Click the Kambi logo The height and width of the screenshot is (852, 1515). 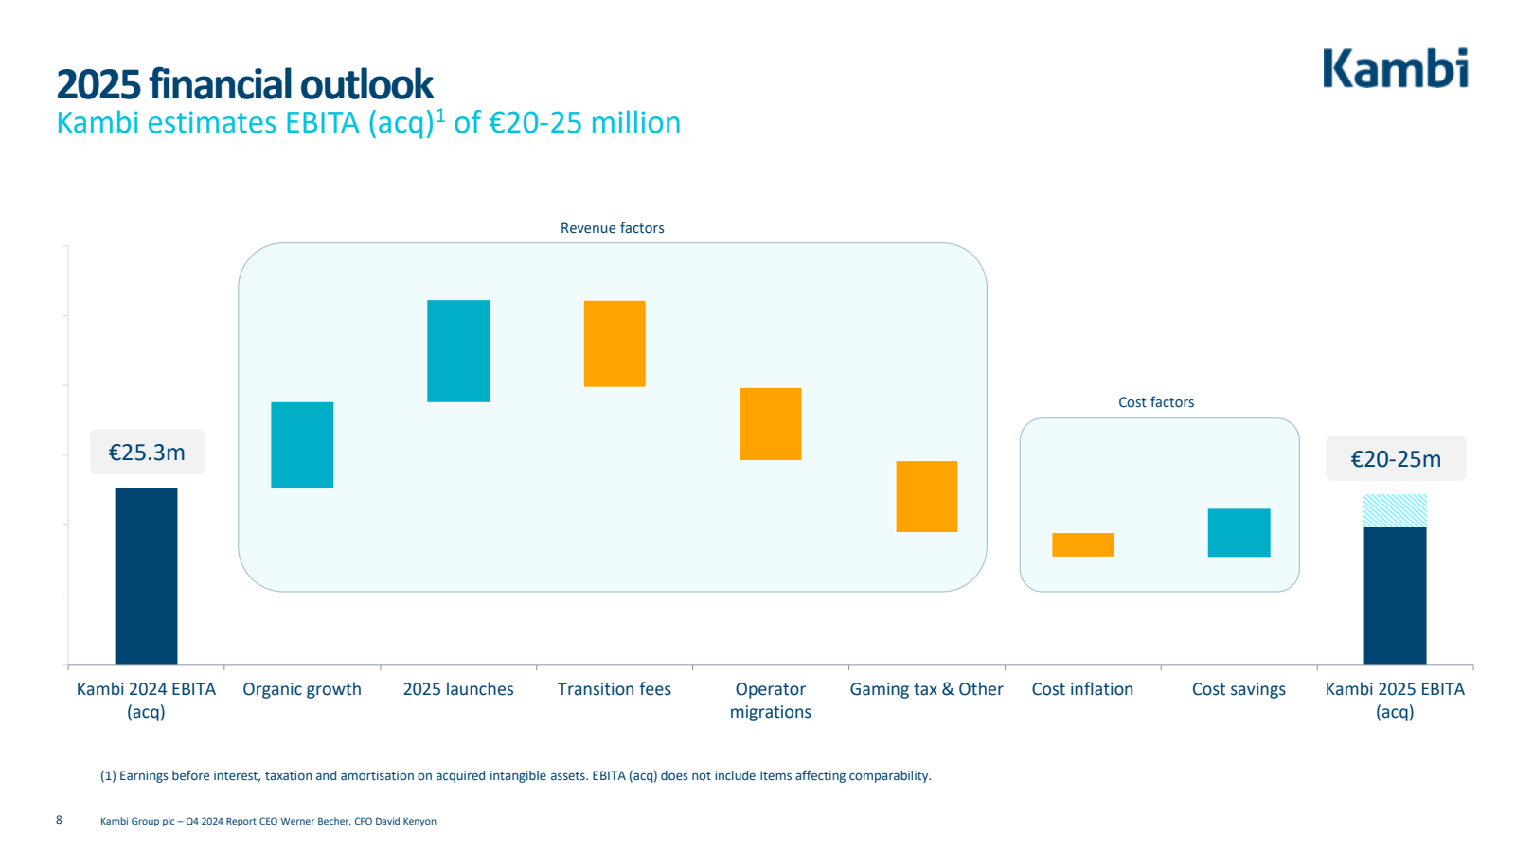click(1395, 68)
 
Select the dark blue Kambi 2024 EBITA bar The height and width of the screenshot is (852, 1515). click(146, 576)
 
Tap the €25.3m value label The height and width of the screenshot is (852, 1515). click(147, 453)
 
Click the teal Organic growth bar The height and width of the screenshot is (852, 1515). click(302, 445)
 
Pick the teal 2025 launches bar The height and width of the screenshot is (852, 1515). click(458, 351)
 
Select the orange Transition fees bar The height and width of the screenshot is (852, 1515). click(615, 344)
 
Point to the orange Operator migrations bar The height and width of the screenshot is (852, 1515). click(771, 424)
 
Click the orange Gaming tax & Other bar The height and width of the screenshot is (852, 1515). click(927, 496)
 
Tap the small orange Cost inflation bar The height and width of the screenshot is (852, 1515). click(1082, 544)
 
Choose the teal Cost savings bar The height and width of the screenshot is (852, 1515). click(1239, 533)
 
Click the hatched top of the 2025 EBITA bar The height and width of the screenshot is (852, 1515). click(1395, 510)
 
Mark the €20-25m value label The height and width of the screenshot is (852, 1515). click(1396, 459)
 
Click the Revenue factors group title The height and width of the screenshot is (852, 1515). click(613, 228)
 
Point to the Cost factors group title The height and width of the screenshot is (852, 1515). click(1156, 402)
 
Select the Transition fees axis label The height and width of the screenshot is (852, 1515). click(615, 689)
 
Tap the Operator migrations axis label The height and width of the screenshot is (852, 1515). click(771, 701)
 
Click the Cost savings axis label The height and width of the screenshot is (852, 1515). click(1239, 689)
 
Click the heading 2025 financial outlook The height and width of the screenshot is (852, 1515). click(244, 84)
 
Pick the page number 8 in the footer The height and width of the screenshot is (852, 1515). click(59, 820)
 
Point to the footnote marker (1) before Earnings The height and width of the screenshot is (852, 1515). click(108, 776)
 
